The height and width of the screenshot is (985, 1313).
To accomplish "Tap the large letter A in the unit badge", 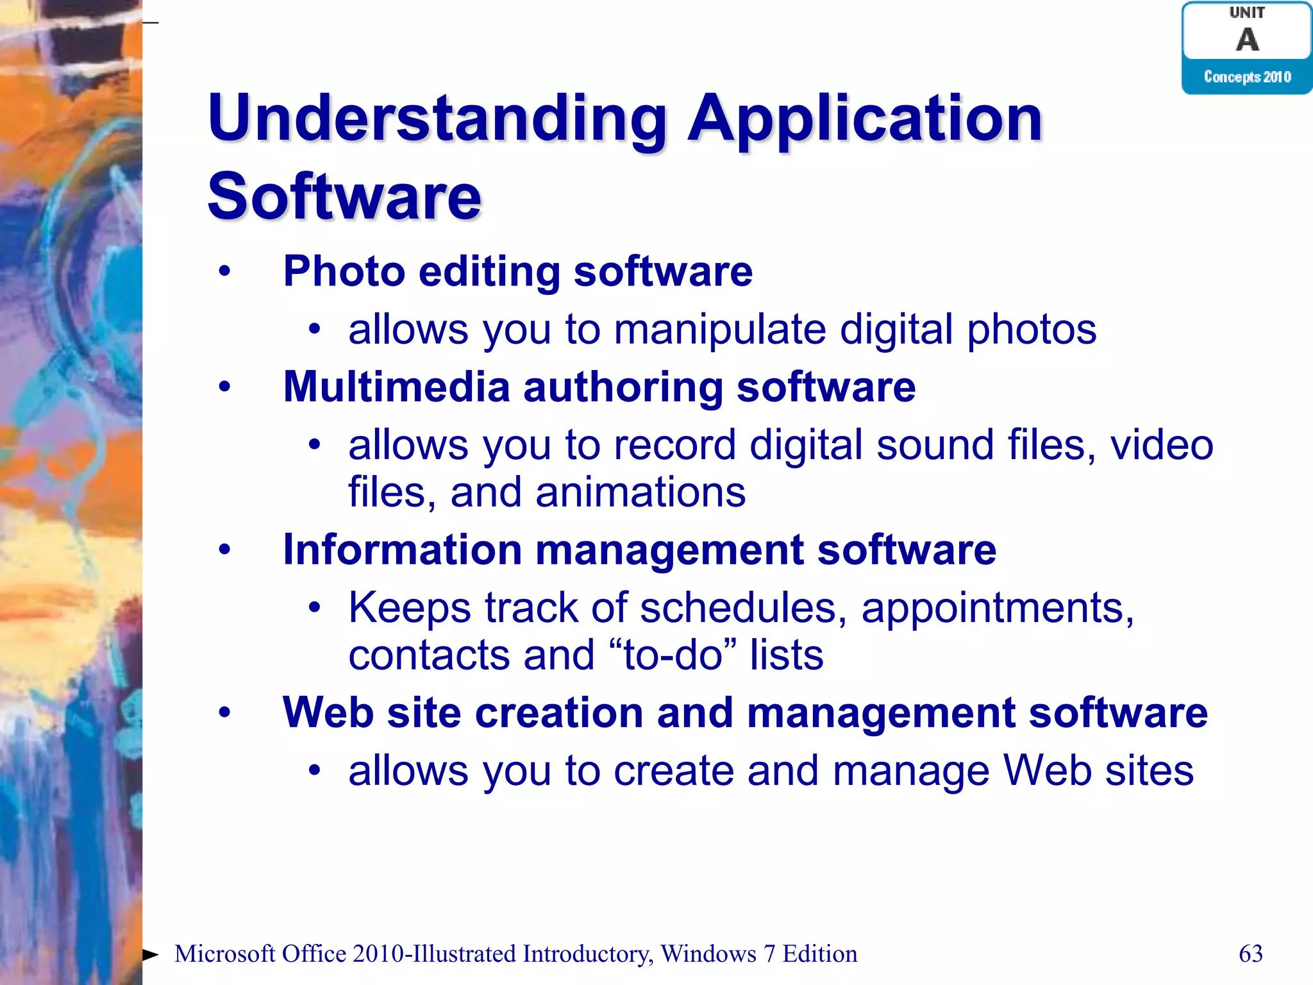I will click(x=1247, y=40).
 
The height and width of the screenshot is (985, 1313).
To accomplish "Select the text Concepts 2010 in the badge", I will click(x=1247, y=77).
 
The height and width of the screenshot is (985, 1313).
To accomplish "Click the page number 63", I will click(x=1251, y=954).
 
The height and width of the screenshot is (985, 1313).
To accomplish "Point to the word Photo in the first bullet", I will click(x=344, y=271).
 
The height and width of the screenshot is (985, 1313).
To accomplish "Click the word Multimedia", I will click(x=396, y=387).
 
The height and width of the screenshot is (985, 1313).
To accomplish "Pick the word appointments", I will click(x=997, y=608).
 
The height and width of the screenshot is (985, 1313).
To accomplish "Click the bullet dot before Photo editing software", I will click(x=224, y=271).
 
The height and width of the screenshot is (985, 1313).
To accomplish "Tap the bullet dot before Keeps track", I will click(x=314, y=607).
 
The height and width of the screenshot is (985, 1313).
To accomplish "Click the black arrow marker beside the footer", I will click(x=151, y=954).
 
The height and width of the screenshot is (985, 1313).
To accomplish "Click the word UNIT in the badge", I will click(x=1247, y=13).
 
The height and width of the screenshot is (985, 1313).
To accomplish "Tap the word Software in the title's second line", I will click(x=344, y=196).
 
